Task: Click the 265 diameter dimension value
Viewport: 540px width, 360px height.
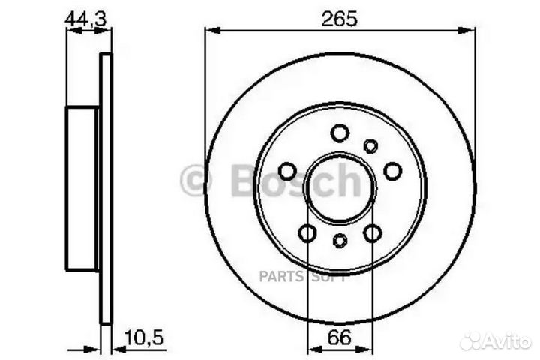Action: coord(339,19)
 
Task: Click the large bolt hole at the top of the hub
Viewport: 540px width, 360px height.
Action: coord(340,133)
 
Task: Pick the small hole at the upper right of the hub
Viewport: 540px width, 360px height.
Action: coord(370,146)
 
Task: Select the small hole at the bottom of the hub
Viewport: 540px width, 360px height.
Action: coord(340,241)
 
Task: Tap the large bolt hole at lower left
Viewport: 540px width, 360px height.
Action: coord(307,233)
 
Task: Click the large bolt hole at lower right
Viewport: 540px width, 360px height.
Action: coord(373,233)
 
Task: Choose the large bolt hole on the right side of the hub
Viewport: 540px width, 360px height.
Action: coord(393,172)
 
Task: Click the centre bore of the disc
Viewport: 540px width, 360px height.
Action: coord(340,187)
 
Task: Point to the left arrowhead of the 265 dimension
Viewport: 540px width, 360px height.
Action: coord(210,31)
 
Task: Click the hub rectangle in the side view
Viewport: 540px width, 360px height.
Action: coord(82,188)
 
